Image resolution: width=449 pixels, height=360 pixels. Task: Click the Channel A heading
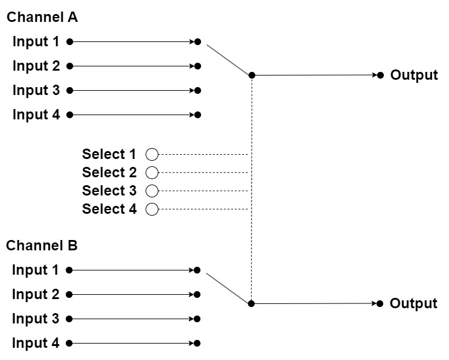[x=42, y=17]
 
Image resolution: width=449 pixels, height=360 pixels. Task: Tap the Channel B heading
[x=42, y=245]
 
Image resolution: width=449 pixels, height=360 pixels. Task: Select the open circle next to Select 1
[x=152, y=154]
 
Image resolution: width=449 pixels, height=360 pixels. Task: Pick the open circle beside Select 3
[x=152, y=191]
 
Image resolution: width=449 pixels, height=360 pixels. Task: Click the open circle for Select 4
[x=152, y=209]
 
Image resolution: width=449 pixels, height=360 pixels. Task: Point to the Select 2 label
[x=110, y=172]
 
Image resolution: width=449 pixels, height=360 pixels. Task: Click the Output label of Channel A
[x=414, y=75]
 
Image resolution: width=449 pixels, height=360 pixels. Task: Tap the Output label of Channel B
[x=414, y=303]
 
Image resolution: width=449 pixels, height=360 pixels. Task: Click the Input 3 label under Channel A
[x=36, y=90]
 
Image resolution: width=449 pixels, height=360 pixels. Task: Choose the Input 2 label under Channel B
[x=35, y=294]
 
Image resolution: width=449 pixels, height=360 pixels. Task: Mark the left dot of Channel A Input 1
[x=69, y=42]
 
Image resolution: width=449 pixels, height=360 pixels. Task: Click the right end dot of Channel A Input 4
[x=197, y=115]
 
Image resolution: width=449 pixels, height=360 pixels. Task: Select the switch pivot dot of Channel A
[x=252, y=76]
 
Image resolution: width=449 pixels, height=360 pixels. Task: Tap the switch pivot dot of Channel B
[x=251, y=303]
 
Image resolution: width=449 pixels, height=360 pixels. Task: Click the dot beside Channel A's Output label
[x=380, y=76]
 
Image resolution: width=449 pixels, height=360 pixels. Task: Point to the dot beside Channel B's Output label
[x=380, y=303]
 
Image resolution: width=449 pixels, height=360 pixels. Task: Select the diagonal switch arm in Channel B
[x=228, y=288]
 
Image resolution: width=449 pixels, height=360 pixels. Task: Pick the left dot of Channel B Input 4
[x=69, y=343]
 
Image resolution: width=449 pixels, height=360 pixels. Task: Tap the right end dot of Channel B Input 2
[x=197, y=294]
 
